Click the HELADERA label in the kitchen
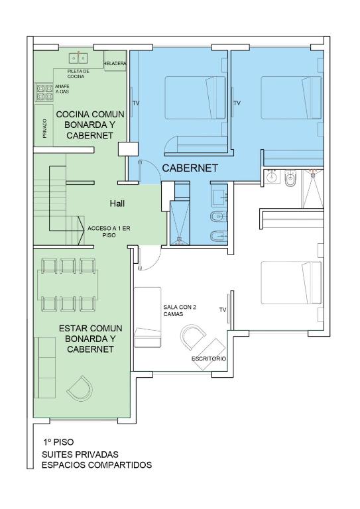[115, 64]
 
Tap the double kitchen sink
[79, 58]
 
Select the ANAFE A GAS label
[62, 89]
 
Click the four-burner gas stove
[44, 92]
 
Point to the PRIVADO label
[45, 128]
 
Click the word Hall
[117, 203]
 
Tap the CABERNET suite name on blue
[190, 168]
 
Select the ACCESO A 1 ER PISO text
[109, 232]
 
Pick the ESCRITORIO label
[209, 359]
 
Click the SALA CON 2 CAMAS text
[180, 310]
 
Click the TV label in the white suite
[223, 310]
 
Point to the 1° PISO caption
[58, 442]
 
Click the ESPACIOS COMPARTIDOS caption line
[97, 465]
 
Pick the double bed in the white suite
[292, 283]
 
